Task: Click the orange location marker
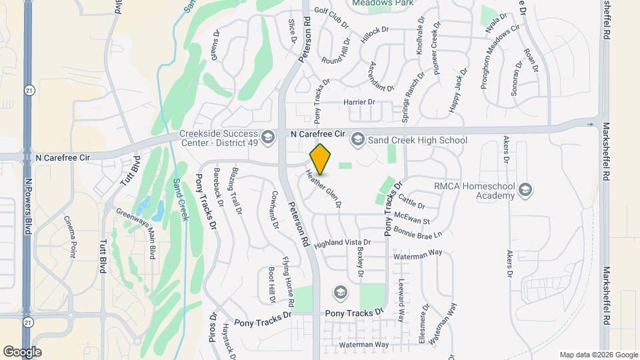pos(321,159)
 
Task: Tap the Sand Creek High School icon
pos(357,139)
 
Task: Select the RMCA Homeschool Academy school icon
pos(525,191)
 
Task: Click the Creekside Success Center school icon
pos(268,137)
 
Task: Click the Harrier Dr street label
pos(359,102)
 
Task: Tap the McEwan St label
pos(412,217)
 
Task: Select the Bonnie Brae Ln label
pos(418,231)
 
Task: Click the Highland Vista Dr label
pos(347,243)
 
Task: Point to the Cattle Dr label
pos(411,198)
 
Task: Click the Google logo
pos(22,351)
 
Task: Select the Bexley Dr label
pos(359,262)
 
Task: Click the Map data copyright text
pos(598,355)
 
